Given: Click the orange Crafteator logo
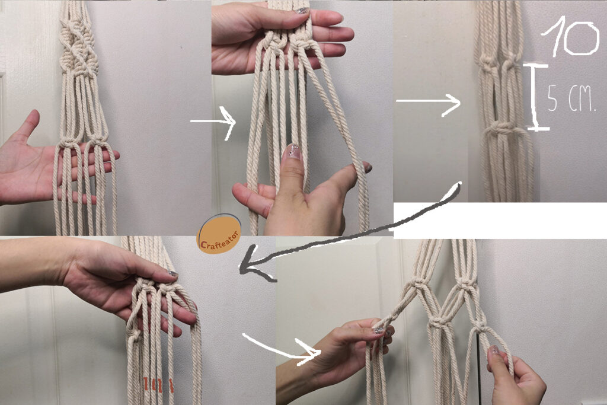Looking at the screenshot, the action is [x=219, y=234].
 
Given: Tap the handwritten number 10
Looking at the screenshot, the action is [x=570, y=37].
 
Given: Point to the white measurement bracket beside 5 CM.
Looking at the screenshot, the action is [x=536, y=97].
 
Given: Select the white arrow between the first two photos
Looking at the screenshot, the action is [x=213, y=122].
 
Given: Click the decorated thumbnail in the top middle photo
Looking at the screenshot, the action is [x=293, y=152].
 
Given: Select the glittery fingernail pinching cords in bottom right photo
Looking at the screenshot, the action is [x=379, y=330].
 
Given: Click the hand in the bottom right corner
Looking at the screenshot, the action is [x=515, y=375].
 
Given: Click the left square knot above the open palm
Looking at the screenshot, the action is [x=71, y=143].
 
